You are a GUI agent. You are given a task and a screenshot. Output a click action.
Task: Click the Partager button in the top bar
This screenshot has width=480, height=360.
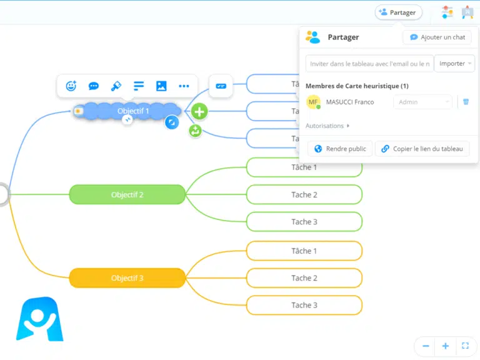[398, 12]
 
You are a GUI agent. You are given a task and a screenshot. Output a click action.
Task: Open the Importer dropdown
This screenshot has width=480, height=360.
[455, 63]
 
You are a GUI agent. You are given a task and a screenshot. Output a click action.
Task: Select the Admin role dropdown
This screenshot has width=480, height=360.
[422, 102]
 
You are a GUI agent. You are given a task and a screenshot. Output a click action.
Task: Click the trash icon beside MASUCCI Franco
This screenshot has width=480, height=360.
[466, 102]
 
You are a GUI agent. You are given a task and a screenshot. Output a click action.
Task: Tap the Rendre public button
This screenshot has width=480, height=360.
[340, 149]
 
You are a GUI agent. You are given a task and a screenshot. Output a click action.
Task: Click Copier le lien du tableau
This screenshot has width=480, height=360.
[422, 149]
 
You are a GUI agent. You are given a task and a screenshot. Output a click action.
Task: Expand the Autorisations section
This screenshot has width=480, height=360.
[327, 126]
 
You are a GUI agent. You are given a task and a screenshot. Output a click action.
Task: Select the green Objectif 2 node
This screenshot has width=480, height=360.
[127, 194]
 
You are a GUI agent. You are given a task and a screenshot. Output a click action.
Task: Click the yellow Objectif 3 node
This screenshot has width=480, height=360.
[127, 278]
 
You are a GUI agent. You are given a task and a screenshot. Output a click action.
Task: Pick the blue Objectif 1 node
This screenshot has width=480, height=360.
[133, 111]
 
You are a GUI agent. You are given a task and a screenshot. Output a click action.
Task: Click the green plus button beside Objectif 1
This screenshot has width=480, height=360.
[199, 112]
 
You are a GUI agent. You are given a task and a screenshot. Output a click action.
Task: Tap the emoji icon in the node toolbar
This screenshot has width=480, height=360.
[71, 86]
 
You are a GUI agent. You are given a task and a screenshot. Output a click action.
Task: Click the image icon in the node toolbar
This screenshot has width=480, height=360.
[161, 86]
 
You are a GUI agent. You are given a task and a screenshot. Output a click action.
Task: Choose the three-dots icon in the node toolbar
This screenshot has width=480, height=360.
[184, 86]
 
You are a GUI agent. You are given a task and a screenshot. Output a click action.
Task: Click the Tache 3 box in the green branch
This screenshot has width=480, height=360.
[304, 222]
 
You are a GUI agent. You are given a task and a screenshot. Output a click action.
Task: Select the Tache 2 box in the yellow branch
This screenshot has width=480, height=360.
[304, 278]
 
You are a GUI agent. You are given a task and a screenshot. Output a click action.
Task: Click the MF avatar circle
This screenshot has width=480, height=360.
[313, 102]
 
